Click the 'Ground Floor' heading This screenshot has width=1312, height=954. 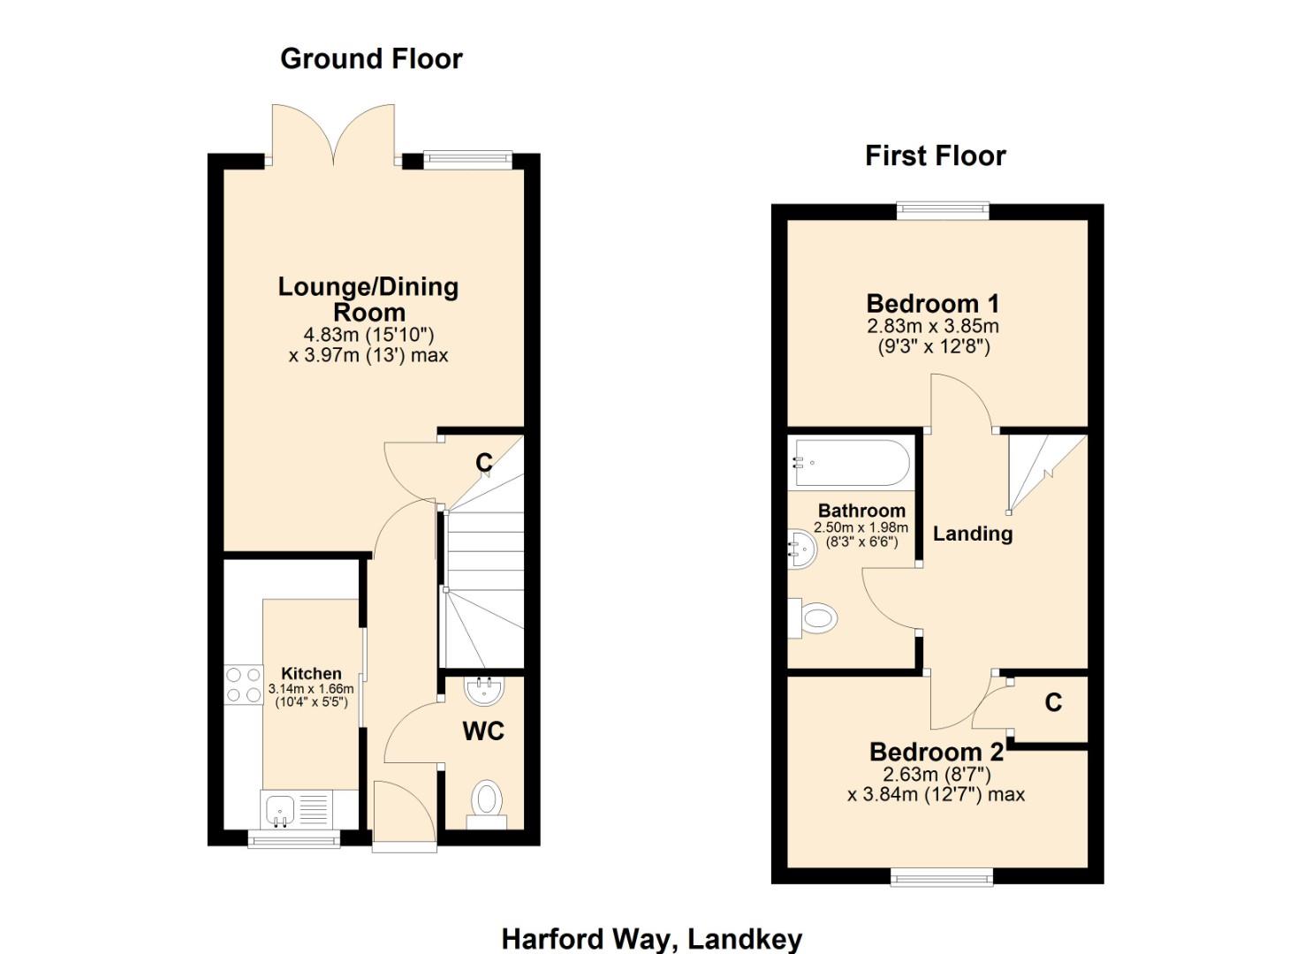click(x=371, y=58)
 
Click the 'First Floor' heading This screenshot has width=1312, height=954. click(x=935, y=155)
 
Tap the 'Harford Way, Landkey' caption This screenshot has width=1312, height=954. click(x=651, y=938)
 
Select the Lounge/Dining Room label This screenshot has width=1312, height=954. click(x=368, y=299)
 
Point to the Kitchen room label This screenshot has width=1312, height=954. click(x=311, y=673)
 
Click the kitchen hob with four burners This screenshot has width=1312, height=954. click(x=244, y=685)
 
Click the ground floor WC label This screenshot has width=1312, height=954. click(x=483, y=731)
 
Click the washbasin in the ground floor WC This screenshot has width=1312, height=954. click(x=483, y=690)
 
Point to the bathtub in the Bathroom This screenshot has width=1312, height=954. click(x=851, y=463)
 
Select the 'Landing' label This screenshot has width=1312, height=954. click(x=973, y=534)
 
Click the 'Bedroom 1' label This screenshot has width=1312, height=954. click(x=932, y=303)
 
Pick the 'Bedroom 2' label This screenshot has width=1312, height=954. click(x=936, y=752)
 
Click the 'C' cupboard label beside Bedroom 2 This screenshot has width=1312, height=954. click(x=1052, y=702)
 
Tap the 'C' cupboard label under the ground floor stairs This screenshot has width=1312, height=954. click(x=483, y=462)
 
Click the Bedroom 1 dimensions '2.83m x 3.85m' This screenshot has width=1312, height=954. click(x=932, y=326)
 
